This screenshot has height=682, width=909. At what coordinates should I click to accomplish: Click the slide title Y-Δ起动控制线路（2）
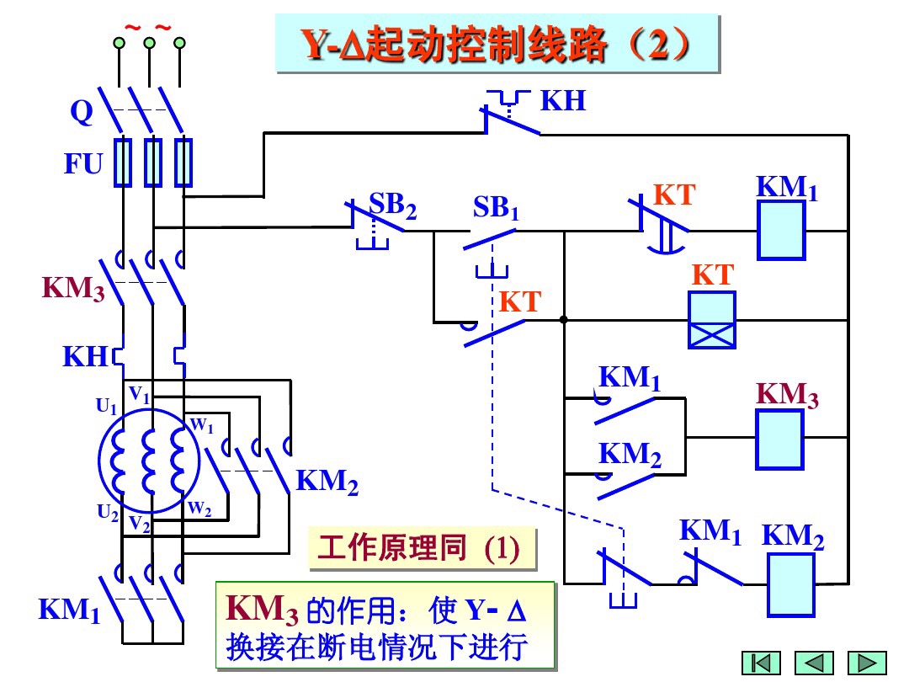(x=497, y=46)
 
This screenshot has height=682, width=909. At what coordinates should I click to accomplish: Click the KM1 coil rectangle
(x=782, y=232)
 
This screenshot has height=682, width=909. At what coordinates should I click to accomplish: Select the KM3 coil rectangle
(x=780, y=438)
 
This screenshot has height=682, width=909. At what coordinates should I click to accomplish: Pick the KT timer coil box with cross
(x=711, y=320)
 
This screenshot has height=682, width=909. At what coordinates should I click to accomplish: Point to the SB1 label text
(x=496, y=207)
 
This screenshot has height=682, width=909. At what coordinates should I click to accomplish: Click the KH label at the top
(x=562, y=102)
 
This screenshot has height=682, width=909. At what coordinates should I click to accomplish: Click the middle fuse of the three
(x=152, y=163)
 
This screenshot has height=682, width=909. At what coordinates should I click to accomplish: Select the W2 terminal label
(x=199, y=508)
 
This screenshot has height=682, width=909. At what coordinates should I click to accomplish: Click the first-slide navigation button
(x=761, y=663)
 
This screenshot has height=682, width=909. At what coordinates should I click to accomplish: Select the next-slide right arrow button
(x=866, y=663)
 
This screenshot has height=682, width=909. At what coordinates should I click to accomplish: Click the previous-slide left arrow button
(x=814, y=663)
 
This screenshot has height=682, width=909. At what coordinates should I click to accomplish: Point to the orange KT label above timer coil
(x=712, y=274)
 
